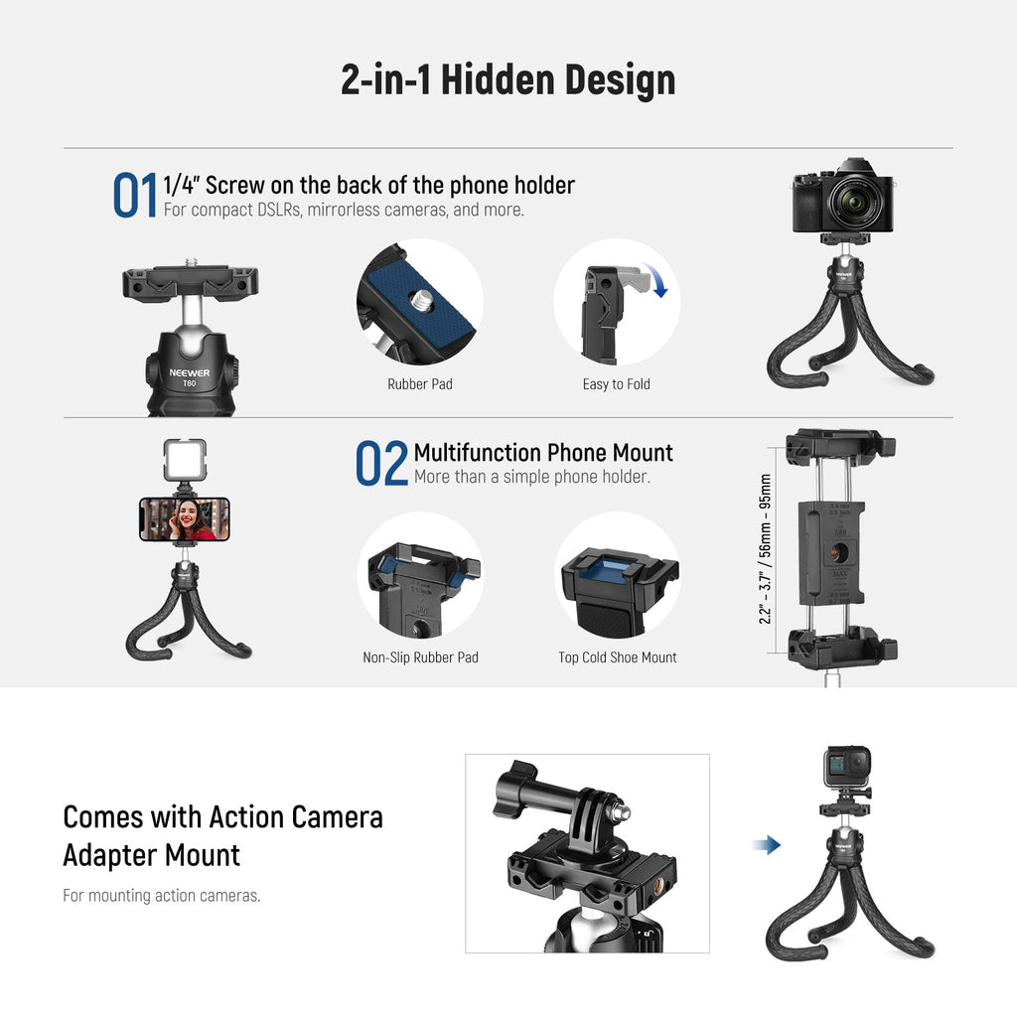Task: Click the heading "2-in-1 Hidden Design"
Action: (508, 79)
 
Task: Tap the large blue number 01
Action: (135, 195)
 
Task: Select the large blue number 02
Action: (381, 463)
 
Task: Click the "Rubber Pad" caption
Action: (420, 384)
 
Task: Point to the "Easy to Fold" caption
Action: (616, 384)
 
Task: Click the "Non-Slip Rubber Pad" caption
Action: (420, 657)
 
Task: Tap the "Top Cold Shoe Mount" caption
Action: (618, 657)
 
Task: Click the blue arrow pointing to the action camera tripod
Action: (767, 844)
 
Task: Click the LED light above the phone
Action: (185, 460)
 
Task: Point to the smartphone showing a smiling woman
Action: (185, 518)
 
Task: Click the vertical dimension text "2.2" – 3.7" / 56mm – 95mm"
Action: (766, 548)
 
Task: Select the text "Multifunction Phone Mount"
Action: (543, 452)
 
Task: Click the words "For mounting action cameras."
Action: (162, 895)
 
